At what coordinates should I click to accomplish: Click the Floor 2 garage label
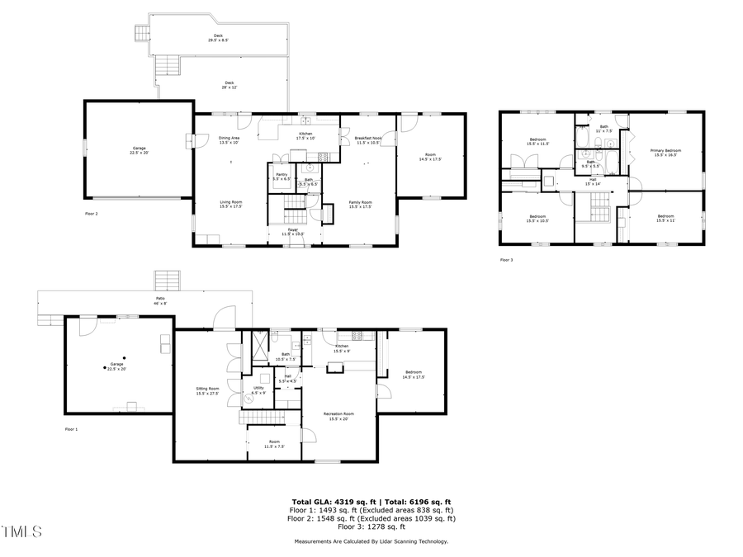139,151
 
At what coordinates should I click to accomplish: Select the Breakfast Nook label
367,140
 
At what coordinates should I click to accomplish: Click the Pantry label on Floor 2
282,176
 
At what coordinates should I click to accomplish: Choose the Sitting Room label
207,390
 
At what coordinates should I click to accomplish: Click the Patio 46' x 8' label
159,301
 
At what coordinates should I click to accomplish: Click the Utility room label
258,389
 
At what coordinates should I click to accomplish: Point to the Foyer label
292,232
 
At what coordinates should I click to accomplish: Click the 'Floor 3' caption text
506,260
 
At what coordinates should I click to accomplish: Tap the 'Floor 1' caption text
71,429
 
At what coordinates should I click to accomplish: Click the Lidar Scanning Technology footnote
371,541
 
